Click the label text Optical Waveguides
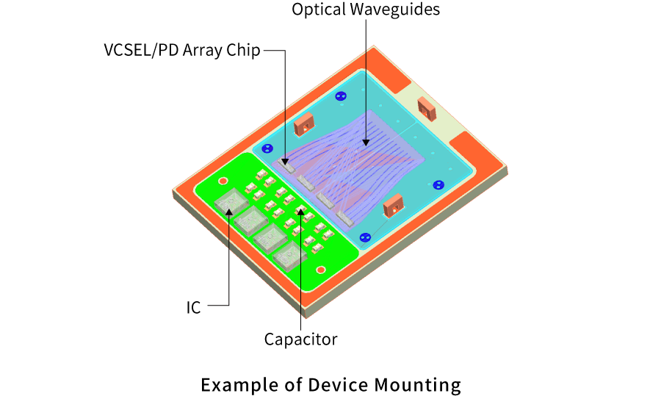pos(366,10)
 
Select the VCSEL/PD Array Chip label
pos(182,52)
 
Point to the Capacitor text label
pos(300,339)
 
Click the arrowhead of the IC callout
pos(229,210)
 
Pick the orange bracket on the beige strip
pos(426,109)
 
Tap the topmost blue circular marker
pos(340,96)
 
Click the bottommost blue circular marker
pos(365,237)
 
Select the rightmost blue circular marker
pos(439,184)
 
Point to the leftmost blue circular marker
pos(267,149)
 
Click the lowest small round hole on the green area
pos(321,270)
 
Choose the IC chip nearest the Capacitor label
pos(289,255)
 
